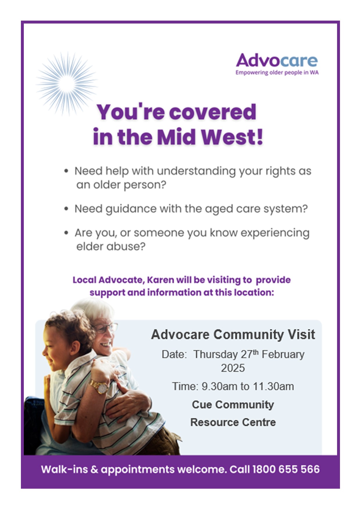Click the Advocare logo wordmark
(x=277, y=60)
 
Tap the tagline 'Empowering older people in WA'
(x=277, y=73)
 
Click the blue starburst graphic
(x=67, y=83)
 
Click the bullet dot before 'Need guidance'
(x=66, y=209)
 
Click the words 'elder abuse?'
(x=111, y=246)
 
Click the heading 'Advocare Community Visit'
(x=233, y=335)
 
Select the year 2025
(x=233, y=368)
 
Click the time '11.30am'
(x=273, y=387)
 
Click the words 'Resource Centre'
(x=233, y=422)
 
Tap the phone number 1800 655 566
(x=286, y=470)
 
